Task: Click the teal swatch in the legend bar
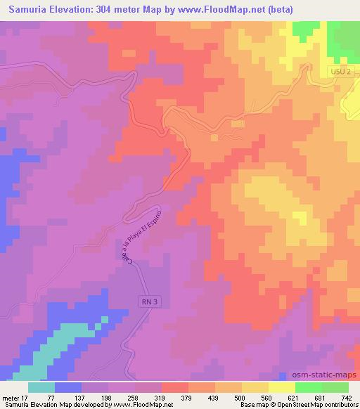click(41, 387)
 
